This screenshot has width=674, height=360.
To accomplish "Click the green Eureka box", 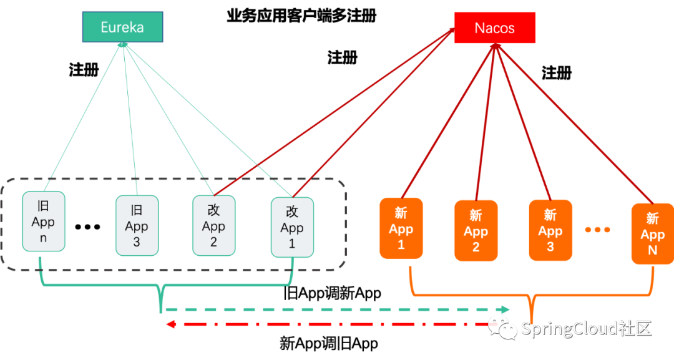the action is (122, 27).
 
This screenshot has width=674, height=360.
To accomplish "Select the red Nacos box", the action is (495, 27).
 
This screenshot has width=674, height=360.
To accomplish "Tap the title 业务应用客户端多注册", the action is (302, 16).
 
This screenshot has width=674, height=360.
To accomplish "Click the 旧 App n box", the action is (44, 221).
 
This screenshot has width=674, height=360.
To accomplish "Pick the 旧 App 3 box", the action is (137, 225).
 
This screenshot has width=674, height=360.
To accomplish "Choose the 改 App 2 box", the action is (213, 225).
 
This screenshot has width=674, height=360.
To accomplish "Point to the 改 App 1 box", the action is (292, 227).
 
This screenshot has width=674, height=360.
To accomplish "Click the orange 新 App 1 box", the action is (401, 228).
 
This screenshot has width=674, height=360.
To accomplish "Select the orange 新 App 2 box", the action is (476, 231).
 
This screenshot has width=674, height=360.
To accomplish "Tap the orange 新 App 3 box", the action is (550, 230).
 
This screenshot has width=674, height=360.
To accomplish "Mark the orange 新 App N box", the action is (653, 234).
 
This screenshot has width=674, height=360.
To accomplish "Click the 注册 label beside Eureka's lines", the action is (84, 70).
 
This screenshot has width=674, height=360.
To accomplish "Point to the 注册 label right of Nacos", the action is (557, 72).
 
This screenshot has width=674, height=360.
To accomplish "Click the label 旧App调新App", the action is (332, 293).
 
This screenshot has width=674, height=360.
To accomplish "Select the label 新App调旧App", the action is (329, 343).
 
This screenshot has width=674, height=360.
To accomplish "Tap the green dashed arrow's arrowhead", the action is (505, 309).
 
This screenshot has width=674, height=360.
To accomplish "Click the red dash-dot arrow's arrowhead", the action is (170, 324).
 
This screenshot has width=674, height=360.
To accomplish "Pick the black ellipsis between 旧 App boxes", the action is (88, 227).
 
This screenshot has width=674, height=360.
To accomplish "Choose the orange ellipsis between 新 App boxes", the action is (597, 230).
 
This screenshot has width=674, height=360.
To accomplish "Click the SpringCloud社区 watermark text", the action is (586, 329).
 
